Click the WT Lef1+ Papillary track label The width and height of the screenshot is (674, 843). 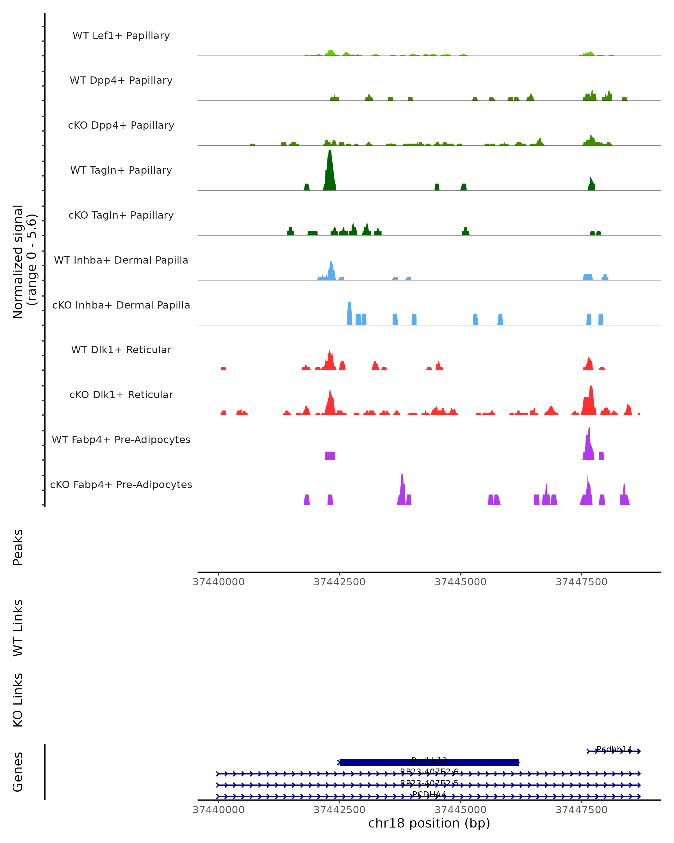tap(121, 36)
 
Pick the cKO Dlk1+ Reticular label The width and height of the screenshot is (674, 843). tap(121, 395)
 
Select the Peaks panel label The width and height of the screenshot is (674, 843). tap(18, 547)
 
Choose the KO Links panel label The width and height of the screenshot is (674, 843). tap(18, 700)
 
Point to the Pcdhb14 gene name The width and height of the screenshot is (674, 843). tap(614, 749)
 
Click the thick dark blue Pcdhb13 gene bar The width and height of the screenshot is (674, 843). tap(429, 762)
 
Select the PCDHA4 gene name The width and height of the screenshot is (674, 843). tap(429, 794)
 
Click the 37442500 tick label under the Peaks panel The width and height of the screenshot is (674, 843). tap(339, 582)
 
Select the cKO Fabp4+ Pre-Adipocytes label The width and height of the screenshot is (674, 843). tap(121, 484)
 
